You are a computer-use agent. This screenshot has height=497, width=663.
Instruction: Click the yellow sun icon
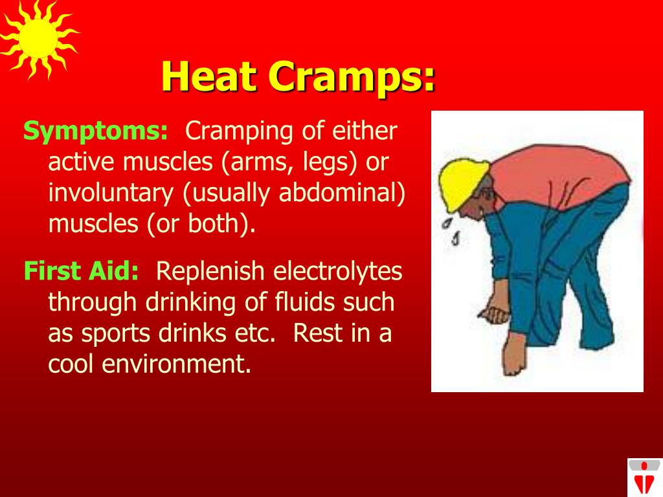pos(38,39)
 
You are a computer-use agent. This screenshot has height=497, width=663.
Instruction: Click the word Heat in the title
pos(209,76)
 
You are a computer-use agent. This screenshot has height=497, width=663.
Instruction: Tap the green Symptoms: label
pos(96,131)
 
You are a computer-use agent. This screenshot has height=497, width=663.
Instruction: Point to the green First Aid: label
pos(81,271)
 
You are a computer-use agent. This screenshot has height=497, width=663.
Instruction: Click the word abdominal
pos(342,192)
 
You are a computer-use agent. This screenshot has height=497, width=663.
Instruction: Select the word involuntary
pos(111,193)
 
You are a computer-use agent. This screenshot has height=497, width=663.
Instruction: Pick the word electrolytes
pos(338,271)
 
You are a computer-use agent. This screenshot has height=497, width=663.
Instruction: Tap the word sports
pos(116,333)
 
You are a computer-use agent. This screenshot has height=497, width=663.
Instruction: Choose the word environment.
pos(176,364)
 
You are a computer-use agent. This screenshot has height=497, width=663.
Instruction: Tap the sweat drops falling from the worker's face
pos(451,230)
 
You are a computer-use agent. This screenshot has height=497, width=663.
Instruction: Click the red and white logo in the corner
pos(644,477)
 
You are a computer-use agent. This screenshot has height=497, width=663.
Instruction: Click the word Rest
pos(311,333)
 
